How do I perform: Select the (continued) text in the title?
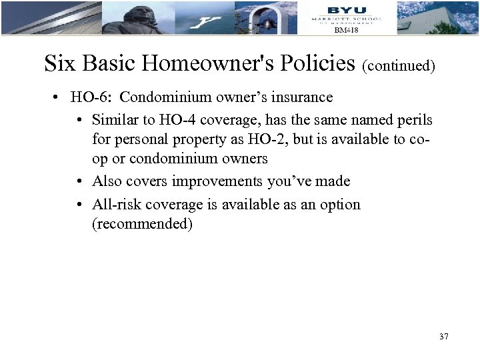click(399, 66)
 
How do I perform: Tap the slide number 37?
click(444, 337)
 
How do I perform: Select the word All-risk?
click(115, 205)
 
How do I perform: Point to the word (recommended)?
click(142, 224)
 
